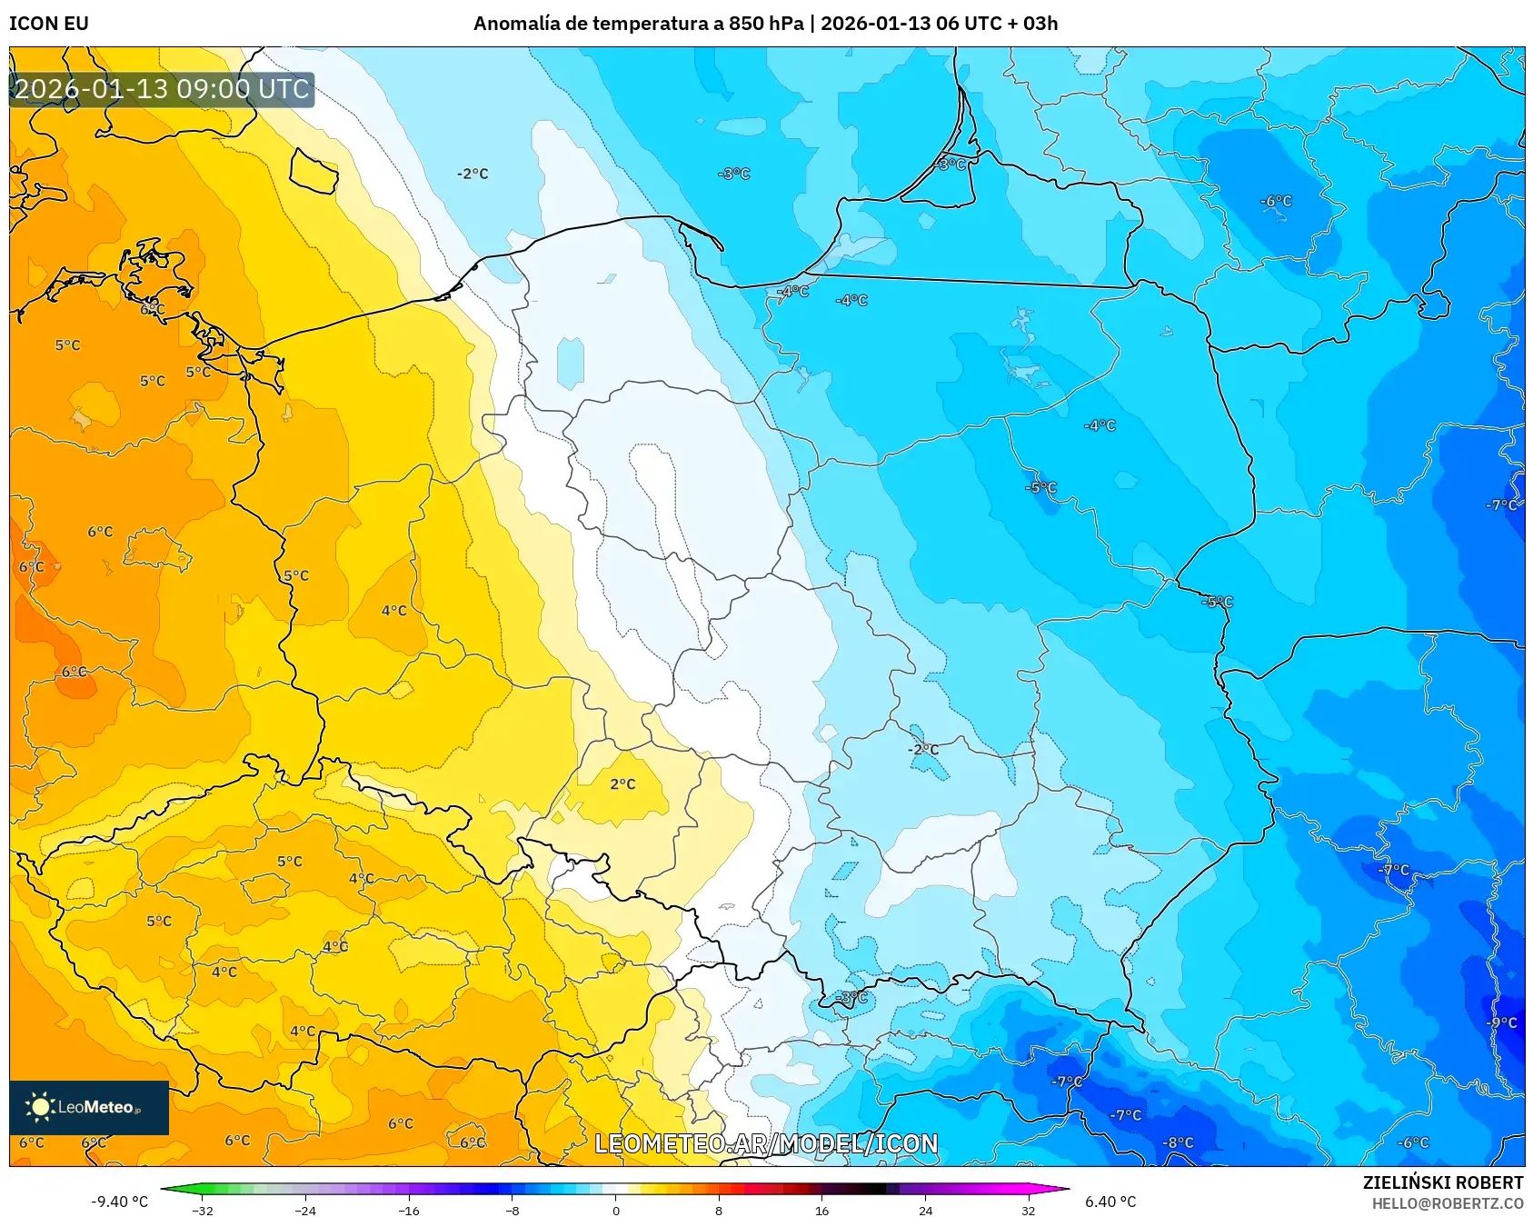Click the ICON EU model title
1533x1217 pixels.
point(49,24)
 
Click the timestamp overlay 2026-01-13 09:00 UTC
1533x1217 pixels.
point(162,89)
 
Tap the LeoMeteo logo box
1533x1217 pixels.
point(89,1107)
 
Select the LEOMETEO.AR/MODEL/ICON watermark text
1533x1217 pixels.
point(766,1143)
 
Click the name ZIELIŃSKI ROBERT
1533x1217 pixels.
point(1442,1182)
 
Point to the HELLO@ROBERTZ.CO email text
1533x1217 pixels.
point(1447,1203)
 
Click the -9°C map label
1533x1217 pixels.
point(1501,1022)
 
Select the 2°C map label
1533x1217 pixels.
point(622,783)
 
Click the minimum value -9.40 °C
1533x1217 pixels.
point(119,1202)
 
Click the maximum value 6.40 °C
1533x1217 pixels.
point(1110,1202)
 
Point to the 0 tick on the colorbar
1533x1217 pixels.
point(615,1210)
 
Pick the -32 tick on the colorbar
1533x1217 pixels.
point(203,1210)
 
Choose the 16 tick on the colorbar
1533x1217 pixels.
point(821,1210)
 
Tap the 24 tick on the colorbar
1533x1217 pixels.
point(925,1210)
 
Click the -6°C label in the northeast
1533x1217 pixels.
point(1275,201)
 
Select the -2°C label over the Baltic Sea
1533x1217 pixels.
point(473,174)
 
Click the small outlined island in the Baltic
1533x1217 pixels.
point(314,170)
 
